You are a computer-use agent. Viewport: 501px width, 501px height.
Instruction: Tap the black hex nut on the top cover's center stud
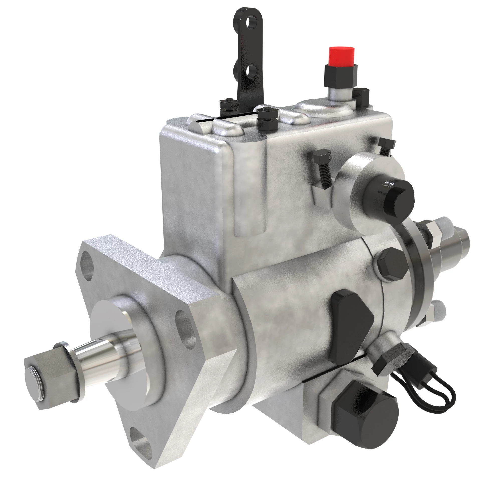267,114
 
